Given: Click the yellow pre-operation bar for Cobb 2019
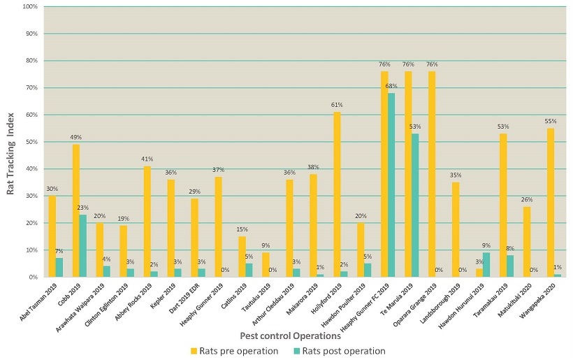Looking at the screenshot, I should (75, 210).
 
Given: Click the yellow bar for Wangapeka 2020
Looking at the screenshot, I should (551, 202).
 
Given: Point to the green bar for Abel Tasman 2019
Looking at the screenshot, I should (59, 267).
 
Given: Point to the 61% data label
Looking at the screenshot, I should (337, 106).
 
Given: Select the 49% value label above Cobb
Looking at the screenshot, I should (75, 138).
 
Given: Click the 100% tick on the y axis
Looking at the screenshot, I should (31, 7).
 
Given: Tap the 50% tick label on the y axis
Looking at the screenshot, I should (32, 142).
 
